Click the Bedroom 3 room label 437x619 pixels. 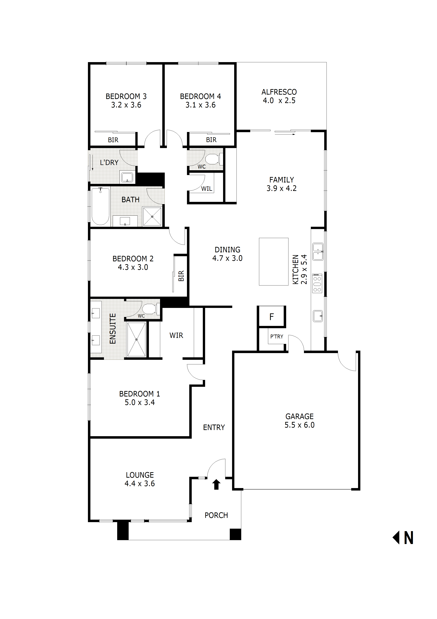tap(126, 96)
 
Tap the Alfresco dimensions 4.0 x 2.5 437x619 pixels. tap(279, 101)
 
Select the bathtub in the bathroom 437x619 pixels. tap(100, 206)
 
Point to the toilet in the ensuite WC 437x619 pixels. tap(149, 309)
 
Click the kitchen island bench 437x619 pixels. tap(273, 262)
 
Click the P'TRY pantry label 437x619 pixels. tap(276, 336)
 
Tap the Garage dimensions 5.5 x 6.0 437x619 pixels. tap(299, 425)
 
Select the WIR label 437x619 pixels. tap(176, 335)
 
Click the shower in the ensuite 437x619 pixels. tap(137, 339)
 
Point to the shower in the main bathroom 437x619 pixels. tap(152, 217)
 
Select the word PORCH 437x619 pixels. tap(216, 515)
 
